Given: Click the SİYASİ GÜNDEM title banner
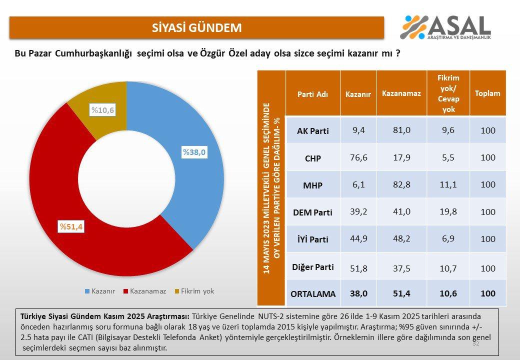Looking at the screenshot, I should click(x=196, y=27).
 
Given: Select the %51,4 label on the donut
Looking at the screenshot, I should click(x=71, y=227).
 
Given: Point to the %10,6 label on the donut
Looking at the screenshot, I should click(x=102, y=110).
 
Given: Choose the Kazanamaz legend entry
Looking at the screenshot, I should click(x=148, y=291).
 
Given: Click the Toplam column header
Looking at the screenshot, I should click(x=487, y=93).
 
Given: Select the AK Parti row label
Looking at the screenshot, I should click(x=312, y=131).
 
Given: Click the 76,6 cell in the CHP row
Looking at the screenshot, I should click(x=358, y=157).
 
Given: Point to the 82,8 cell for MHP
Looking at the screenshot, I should click(x=401, y=185).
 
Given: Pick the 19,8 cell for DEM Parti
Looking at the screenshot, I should click(x=448, y=212).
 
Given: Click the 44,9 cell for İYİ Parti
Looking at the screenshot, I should click(x=358, y=239).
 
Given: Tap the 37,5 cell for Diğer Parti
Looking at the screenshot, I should click(x=401, y=266).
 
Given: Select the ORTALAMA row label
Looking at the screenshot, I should click(x=313, y=294).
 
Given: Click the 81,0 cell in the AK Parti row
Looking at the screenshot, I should click(x=401, y=130).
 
